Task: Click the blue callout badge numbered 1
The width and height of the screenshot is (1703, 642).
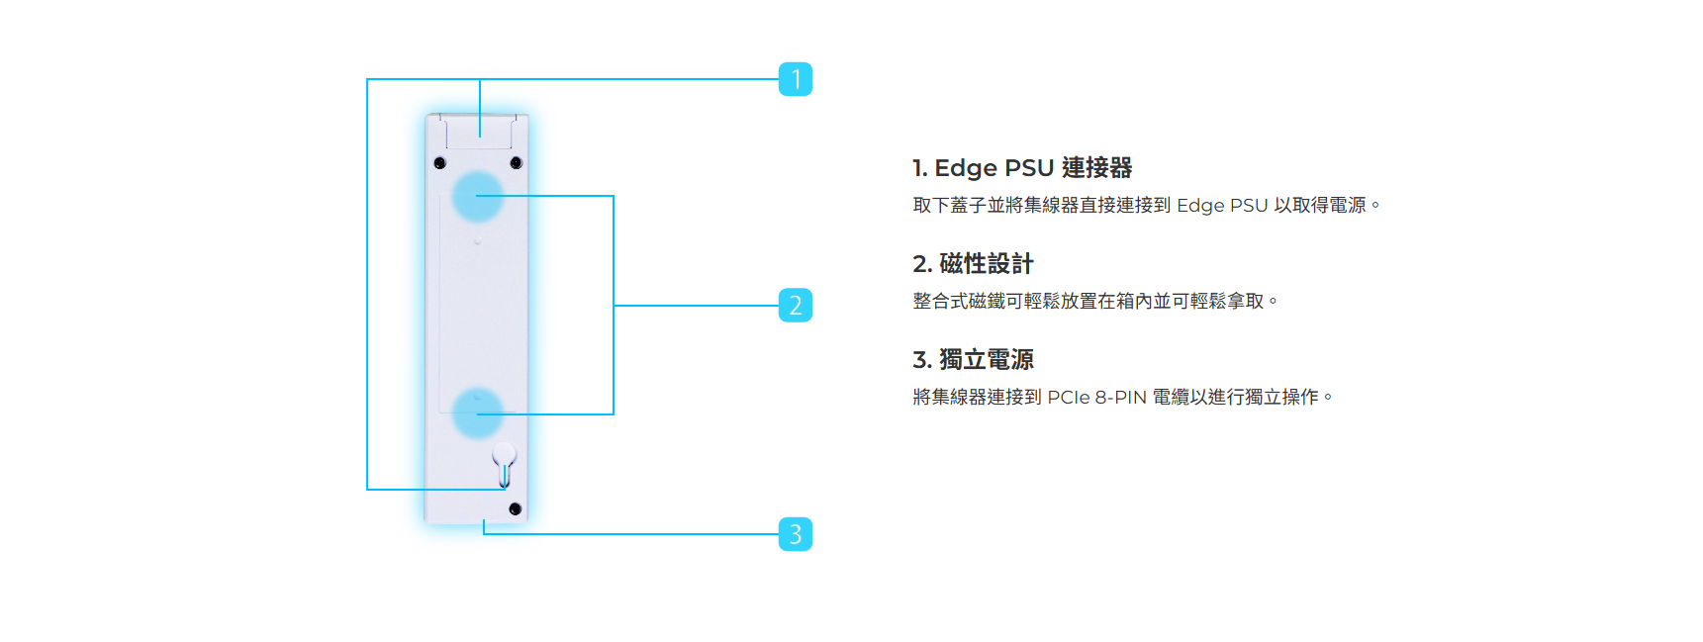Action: pyautogui.click(x=796, y=79)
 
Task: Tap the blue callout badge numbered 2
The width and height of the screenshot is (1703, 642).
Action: pyautogui.click(x=796, y=306)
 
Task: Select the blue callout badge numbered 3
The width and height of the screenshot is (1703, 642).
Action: pyautogui.click(x=796, y=534)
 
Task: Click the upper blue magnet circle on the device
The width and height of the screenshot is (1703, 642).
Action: pyautogui.click(x=478, y=196)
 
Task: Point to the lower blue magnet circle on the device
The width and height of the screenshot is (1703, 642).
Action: pyautogui.click(x=478, y=413)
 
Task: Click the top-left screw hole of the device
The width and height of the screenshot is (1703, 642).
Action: pyautogui.click(x=440, y=162)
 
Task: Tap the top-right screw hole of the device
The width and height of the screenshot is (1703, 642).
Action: pyautogui.click(x=516, y=162)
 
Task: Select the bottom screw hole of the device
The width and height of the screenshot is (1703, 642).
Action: pyautogui.click(x=515, y=508)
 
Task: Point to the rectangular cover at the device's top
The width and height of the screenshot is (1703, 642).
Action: pyautogui.click(x=479, y=131)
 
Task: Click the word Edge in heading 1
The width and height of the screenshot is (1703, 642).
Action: pyautogui.click(x=966, y=168)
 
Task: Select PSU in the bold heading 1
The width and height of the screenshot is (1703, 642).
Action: pyautogui.click(x=1029, y=168)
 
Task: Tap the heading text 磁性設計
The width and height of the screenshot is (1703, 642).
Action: pyautogui.click(x=986, y=264)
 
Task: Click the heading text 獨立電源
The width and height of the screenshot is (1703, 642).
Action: pyautogui.click(x=986, y=360)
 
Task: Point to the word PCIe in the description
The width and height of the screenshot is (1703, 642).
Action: pyautogui.click(x=1068, y=398)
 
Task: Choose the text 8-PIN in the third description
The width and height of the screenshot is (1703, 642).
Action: pyautogui.click(x=1120, y=398)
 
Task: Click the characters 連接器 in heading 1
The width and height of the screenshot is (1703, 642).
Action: pyautogui.click(x=1096, y=168)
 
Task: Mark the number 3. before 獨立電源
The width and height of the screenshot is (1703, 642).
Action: pyautogui.click(x=922, y=360)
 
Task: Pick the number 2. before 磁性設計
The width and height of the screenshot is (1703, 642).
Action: pyautogui.click(x=922, y=264)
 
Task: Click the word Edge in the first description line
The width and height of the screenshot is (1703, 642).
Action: pyautogui.click(x=1199, y=206)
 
